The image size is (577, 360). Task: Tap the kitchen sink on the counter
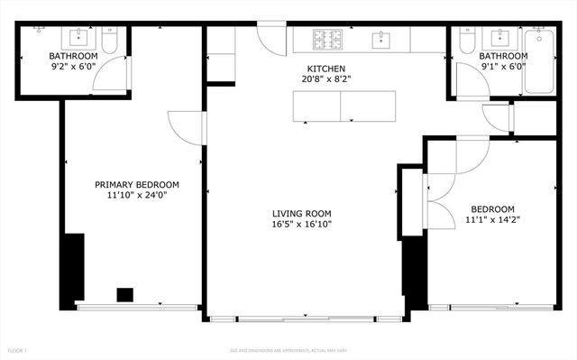click(x=382, y=39)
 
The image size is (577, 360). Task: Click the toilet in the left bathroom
click(x=109, y=41)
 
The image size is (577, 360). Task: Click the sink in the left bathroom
click(x=78, y=37)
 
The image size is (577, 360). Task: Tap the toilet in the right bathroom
click(x=466, y=41)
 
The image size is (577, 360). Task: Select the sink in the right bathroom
click(x=498, y=37)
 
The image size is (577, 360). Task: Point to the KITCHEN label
click(x=325, y=69)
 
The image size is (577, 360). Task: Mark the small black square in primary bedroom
click(x=125, y=294)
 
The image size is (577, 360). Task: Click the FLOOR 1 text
click(x=18, y=350)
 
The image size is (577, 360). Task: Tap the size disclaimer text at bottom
click(x=288, y=350)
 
